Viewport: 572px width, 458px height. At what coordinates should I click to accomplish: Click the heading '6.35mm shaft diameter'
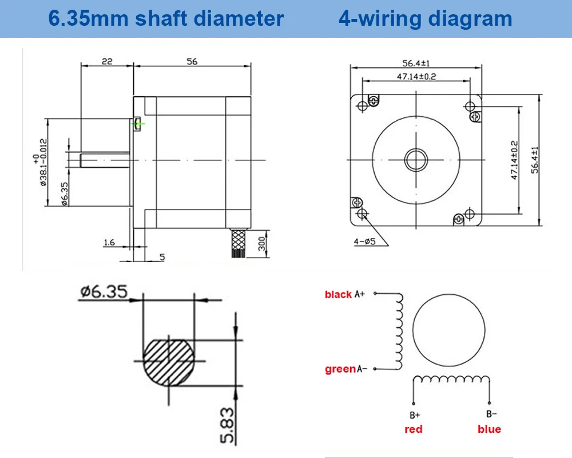click(166, 18)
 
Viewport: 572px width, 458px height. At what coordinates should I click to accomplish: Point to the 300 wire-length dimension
click(261, 243)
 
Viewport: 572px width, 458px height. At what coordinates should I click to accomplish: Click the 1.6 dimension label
click(109, 243)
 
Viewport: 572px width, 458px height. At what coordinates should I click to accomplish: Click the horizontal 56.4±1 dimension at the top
click(416, 64)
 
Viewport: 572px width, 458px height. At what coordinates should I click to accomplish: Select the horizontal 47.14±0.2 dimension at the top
click(416, 77)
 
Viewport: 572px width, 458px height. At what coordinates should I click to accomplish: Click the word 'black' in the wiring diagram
click(338, 295)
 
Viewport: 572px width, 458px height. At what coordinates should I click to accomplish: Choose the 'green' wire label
click(340, 369)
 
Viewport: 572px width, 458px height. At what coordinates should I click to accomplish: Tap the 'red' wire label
click(413, 429)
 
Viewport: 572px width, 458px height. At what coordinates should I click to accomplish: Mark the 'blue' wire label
click(489, 429)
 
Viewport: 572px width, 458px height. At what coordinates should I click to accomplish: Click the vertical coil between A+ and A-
click(399, 332)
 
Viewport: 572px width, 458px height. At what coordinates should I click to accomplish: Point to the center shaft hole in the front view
click(416, 159)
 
